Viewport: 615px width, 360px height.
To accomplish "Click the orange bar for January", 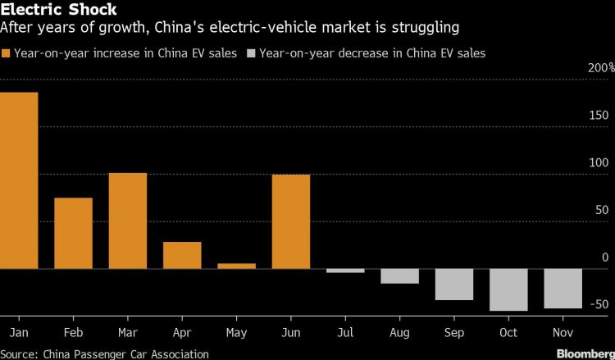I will point(18,180).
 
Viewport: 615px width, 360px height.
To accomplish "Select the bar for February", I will point(73,233).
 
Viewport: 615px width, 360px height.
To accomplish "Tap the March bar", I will point(127,221).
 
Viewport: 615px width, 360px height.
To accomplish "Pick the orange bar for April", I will point(182,255).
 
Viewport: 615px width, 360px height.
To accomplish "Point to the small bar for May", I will point(236,266).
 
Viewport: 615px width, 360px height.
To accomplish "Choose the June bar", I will point(290,221).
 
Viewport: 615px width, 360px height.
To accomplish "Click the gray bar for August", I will point(399,276).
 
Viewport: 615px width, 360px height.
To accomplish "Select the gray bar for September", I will point(454,285).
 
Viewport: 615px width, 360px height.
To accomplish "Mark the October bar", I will point(508,289).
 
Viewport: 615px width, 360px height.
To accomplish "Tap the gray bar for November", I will point(563,289).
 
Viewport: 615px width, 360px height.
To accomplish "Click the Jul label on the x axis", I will point(344,332).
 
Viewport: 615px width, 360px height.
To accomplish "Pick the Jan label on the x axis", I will point(18,332).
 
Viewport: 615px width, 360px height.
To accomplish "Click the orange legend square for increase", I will point(6,53).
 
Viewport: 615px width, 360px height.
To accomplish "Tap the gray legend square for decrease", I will point(252,53).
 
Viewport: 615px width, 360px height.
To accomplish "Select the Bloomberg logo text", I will point(585,353).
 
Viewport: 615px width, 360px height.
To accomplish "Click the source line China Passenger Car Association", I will point(104,353).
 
